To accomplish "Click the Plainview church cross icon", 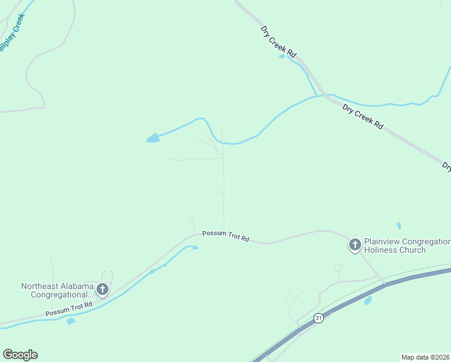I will [x=355, y=245].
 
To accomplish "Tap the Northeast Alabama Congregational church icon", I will [x=102, y=290].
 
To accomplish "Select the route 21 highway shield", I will [x=319, y=318].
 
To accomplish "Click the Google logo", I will [x=20, y=355].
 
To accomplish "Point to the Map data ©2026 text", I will [x=426, y=357].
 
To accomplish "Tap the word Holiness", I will [x=380, y=250].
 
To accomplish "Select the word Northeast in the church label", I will [x=40, y=287].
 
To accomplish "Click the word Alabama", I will [x=78, y=287].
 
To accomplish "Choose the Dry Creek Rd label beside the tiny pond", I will [x=279, y=41].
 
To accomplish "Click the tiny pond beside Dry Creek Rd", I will [x=282, y=57].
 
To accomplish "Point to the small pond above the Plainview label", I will [x=399, y=226].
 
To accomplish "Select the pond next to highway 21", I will [x=368, y=300].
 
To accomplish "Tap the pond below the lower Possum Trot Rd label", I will [x=71, y=321].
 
